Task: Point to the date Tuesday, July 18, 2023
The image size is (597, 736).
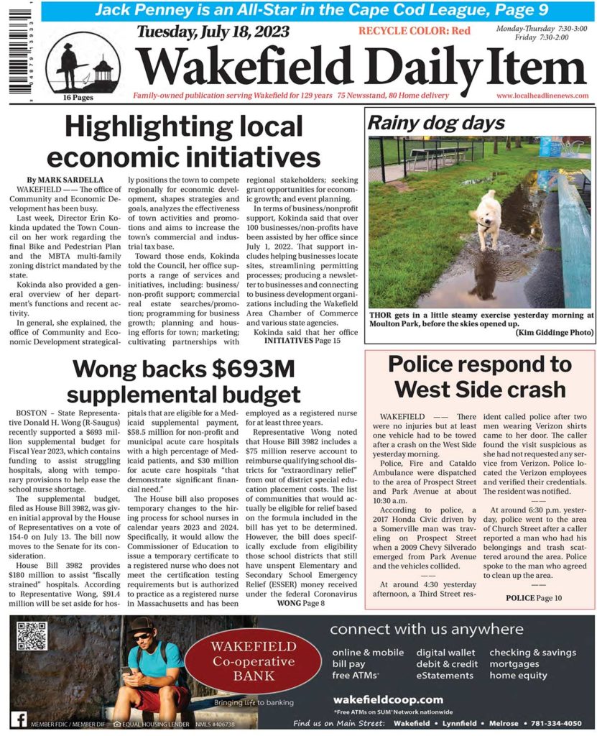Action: point(213,32)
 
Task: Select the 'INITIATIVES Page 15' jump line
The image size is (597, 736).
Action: point(302,341)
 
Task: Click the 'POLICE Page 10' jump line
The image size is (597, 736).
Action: point(534,598)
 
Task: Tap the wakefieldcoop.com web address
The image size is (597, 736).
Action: point(388,699)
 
